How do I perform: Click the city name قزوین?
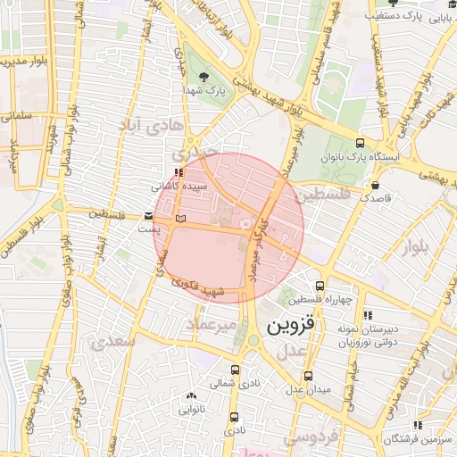point(290,327)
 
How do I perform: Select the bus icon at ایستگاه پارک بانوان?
point(360,143)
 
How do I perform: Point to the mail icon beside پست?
point(148,216)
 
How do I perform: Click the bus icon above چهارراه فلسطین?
point(320,286)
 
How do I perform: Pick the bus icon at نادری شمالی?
point(235,370)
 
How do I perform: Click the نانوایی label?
point(191,411)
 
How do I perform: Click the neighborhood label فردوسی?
point(310,437)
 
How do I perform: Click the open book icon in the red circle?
point(181,218)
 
